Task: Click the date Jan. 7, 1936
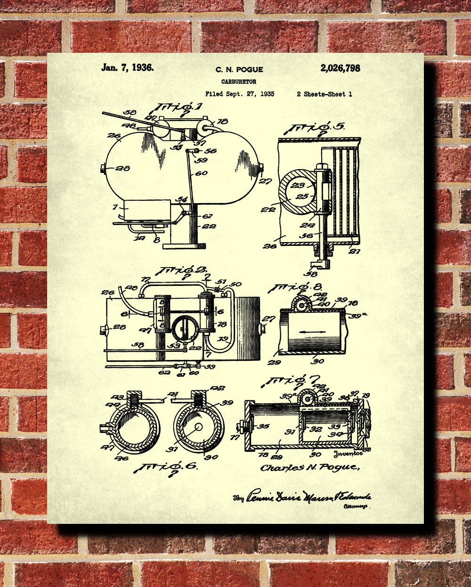pos(127,67)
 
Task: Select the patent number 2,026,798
pos(340,68)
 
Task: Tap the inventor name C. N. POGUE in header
pos(239,70)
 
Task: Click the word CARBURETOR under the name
pos(239,82)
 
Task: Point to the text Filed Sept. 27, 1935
pos(239,94)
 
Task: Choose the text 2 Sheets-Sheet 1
pos(324,94)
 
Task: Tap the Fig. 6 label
pos(165,467)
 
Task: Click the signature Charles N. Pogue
pos(310,467)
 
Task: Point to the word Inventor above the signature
pos(347,454)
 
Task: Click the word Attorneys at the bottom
pos(357,506)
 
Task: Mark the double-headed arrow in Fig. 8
pos(312,333)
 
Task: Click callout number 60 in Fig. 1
pos(201,173)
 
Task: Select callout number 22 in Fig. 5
pos(268,209)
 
